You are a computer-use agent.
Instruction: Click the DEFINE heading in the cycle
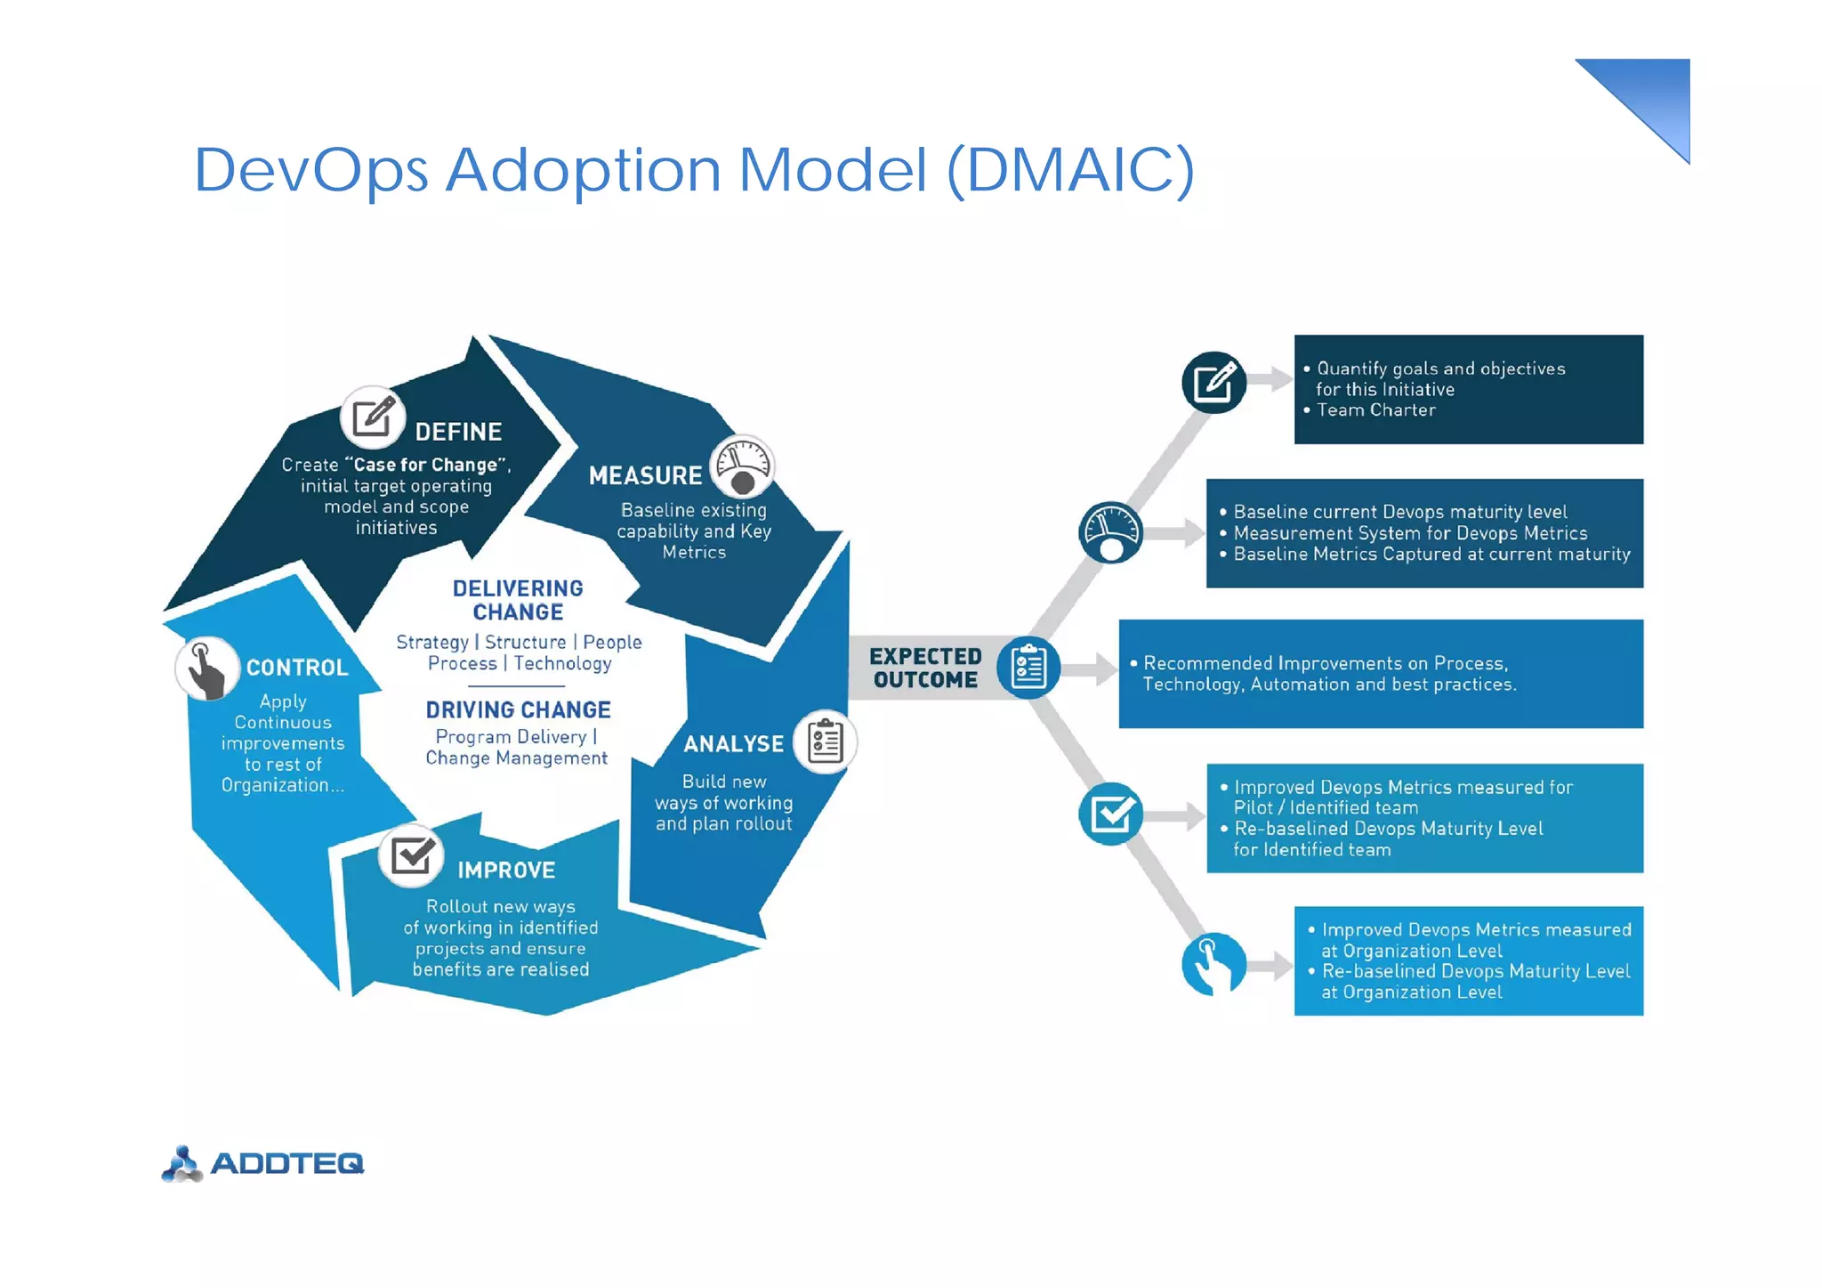click(458, 432)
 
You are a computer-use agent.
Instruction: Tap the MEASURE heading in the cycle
click(645, 475)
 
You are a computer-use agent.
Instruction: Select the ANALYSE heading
click(733, 743)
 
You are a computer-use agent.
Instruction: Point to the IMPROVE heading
click(506, 870)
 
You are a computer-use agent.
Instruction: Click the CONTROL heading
click(296, 668)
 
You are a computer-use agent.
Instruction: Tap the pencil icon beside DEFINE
click(373, 417)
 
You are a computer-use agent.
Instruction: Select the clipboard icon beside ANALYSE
click(825, 741)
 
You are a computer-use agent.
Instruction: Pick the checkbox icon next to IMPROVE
click(411, 856)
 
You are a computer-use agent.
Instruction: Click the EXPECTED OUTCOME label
click(925, 668)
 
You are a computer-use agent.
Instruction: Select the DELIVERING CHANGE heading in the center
click(518, 600)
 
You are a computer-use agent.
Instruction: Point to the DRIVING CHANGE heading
click(518, 709)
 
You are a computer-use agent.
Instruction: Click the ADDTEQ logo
click(263, 1163)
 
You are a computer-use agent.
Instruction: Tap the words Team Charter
click(1375, 410)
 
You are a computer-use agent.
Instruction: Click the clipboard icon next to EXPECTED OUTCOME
click(1028, 668)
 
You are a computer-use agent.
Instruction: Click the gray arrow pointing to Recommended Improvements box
click(1092, 669)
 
